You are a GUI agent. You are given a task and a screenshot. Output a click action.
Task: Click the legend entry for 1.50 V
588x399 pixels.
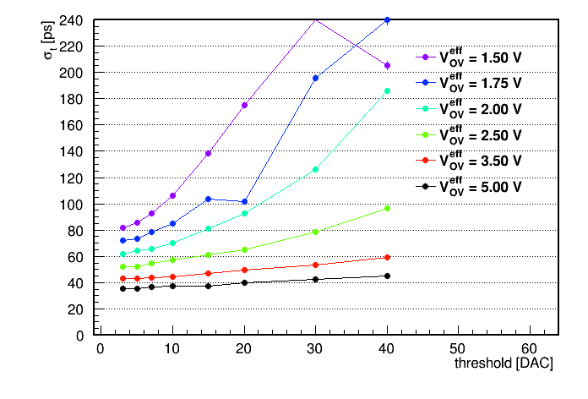click(469, 57)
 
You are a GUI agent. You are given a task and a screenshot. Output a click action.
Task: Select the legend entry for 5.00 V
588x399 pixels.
click(469, 186)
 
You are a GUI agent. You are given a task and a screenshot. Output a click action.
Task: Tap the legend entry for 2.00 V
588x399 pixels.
click(469, 109)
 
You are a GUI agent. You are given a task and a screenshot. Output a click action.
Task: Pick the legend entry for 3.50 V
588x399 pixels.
click(469, 161)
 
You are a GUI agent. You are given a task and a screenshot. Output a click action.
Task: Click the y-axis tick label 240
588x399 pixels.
click(71, 20)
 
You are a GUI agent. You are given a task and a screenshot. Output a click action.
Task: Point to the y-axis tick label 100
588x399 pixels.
click(71, 205)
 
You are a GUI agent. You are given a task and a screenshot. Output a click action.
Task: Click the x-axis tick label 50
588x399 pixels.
click(458, 349)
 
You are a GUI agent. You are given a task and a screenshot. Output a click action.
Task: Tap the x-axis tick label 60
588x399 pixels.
click(529, 349)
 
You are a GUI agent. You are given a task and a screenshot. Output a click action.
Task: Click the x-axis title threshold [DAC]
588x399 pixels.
click(504, 363)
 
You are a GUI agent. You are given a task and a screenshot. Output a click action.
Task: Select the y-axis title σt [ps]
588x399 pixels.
click(48, 40)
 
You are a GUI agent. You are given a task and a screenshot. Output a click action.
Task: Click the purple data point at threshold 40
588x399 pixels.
click(388, 66)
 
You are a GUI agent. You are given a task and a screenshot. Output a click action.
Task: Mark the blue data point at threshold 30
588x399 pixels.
click(315, 78)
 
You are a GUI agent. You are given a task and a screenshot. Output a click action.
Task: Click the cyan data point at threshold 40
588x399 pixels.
click(388, 90)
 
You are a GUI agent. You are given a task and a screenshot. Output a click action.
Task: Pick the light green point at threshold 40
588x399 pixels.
click(388, 208)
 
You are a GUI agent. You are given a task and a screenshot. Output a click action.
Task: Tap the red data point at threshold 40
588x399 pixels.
click(388, 257)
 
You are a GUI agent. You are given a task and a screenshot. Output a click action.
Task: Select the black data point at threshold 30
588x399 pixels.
click(315, 279)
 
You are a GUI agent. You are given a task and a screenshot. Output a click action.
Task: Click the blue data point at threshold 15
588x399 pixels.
click(208, 199)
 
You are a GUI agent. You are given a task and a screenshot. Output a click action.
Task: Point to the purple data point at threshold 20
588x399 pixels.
click(244, 105)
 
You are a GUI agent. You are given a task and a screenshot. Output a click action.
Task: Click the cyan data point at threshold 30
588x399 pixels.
click(315, 170)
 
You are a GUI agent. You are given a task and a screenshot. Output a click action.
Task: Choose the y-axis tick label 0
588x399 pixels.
click(79, 336)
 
